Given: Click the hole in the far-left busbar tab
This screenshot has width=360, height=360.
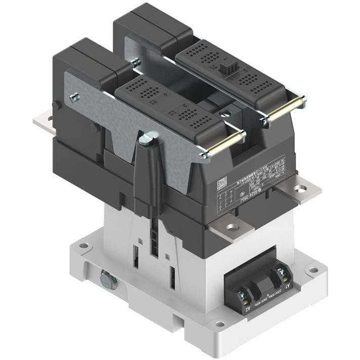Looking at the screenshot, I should point(49,120).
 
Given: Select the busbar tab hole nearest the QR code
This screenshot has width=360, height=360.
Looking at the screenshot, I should point(233,227).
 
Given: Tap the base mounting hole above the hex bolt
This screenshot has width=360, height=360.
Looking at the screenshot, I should point(83,246).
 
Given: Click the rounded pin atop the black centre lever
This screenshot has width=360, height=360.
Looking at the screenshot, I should point(147,137).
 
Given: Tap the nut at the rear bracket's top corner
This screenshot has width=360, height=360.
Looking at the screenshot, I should point(135,62).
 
